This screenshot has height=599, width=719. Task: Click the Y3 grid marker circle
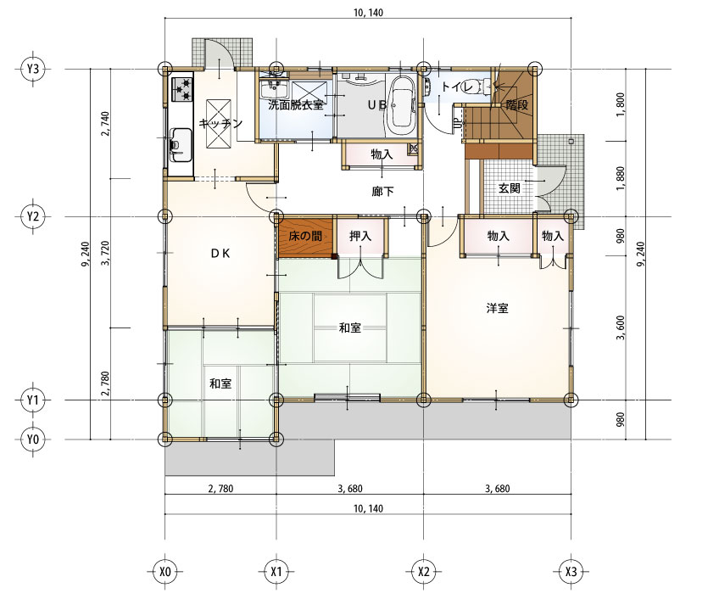tap(33, 70)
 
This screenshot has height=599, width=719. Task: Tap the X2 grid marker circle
tap(424, 572)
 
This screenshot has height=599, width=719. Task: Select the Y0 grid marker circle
tap(33, 439)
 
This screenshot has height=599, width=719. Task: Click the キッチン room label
tap(220, 123)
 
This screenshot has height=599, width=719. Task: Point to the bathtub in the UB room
tap(402, 102)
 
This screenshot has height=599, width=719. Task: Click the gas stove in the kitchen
tap(182, 89)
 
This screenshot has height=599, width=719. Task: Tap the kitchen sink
tap(181, 144)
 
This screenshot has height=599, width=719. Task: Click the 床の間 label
tap(305, 237)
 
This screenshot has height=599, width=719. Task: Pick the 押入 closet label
tap(360, 237)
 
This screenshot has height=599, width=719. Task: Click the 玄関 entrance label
tap(509, 188)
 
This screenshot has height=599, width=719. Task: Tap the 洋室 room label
tap(498, 308)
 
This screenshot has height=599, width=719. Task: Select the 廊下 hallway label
tap(382, 191)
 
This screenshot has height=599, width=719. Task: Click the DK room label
tap(220, 254)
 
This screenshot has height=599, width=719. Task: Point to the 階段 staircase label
tap(517, 105)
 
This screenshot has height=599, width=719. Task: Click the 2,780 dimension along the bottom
tap(220, 489)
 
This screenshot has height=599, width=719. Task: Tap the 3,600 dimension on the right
tap(621, 327)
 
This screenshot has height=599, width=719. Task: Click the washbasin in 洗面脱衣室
tap(274, 88)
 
